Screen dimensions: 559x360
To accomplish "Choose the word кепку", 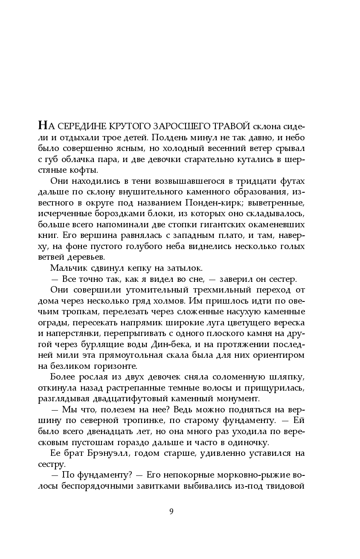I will pos(132,268).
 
